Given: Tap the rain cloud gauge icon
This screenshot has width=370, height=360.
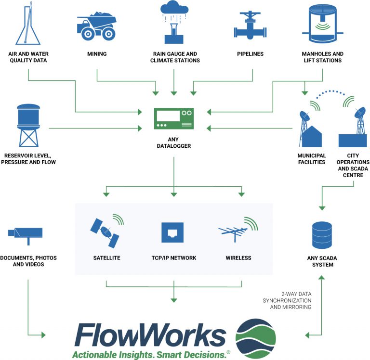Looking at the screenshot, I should coord(174,22).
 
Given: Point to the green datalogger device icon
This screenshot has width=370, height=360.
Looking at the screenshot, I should coord(173,119).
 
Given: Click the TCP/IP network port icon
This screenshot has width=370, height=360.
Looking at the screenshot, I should coord(173,232).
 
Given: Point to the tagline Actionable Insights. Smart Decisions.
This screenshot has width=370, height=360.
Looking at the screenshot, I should coord(150,355).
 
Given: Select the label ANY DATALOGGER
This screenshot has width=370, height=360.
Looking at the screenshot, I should coord(173,142).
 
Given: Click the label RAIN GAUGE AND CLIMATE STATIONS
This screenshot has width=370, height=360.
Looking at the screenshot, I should coord(174,57).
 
